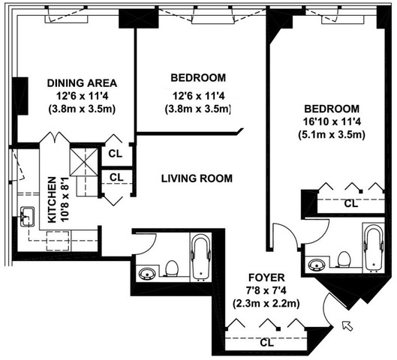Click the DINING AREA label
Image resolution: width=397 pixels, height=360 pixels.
(x=82, y=83)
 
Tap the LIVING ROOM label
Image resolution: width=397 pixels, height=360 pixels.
(x=197, y=178)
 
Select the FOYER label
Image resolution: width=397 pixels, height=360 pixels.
(x=266, y=277)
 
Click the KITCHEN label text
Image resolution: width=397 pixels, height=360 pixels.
(x=52, y=199)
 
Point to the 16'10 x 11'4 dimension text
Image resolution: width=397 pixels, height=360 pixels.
(x=332, y=121)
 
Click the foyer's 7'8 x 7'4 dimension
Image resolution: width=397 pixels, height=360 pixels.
(x=266, y=291)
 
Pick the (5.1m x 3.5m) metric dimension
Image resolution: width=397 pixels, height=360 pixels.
(x=332, y=134)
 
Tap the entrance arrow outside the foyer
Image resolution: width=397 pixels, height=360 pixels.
(x=347, y=325)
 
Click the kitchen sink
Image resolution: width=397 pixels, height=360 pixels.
(x=27, y=217)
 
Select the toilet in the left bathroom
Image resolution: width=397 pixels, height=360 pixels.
(x=171, y=268)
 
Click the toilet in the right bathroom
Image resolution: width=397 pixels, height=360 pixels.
(x=344, y=259)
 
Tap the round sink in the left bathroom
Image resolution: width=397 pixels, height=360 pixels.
(x=147, y=274)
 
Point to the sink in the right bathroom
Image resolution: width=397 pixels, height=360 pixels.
(x=317, y=265)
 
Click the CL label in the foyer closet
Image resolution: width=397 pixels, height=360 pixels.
(x=267, y=343)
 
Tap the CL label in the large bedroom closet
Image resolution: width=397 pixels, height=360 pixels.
(x=351, y=203)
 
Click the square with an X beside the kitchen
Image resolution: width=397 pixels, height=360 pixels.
(x=84, y=162)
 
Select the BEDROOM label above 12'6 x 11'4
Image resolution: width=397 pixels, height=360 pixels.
(x=198, y=78)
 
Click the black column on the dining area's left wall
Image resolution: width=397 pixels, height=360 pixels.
(x=20, y=96)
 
